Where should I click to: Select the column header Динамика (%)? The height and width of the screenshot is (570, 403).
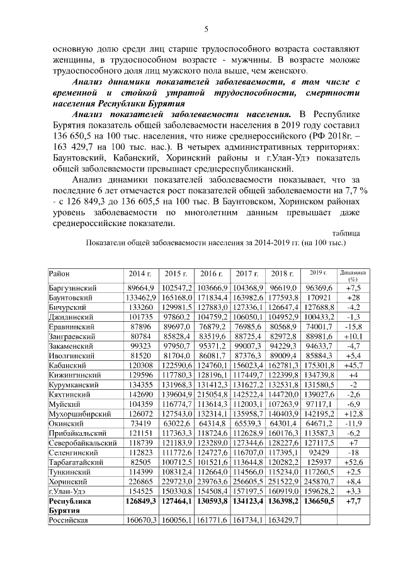click(x=353, y=276)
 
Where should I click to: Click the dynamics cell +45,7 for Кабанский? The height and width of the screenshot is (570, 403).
click(x=353, y=365)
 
